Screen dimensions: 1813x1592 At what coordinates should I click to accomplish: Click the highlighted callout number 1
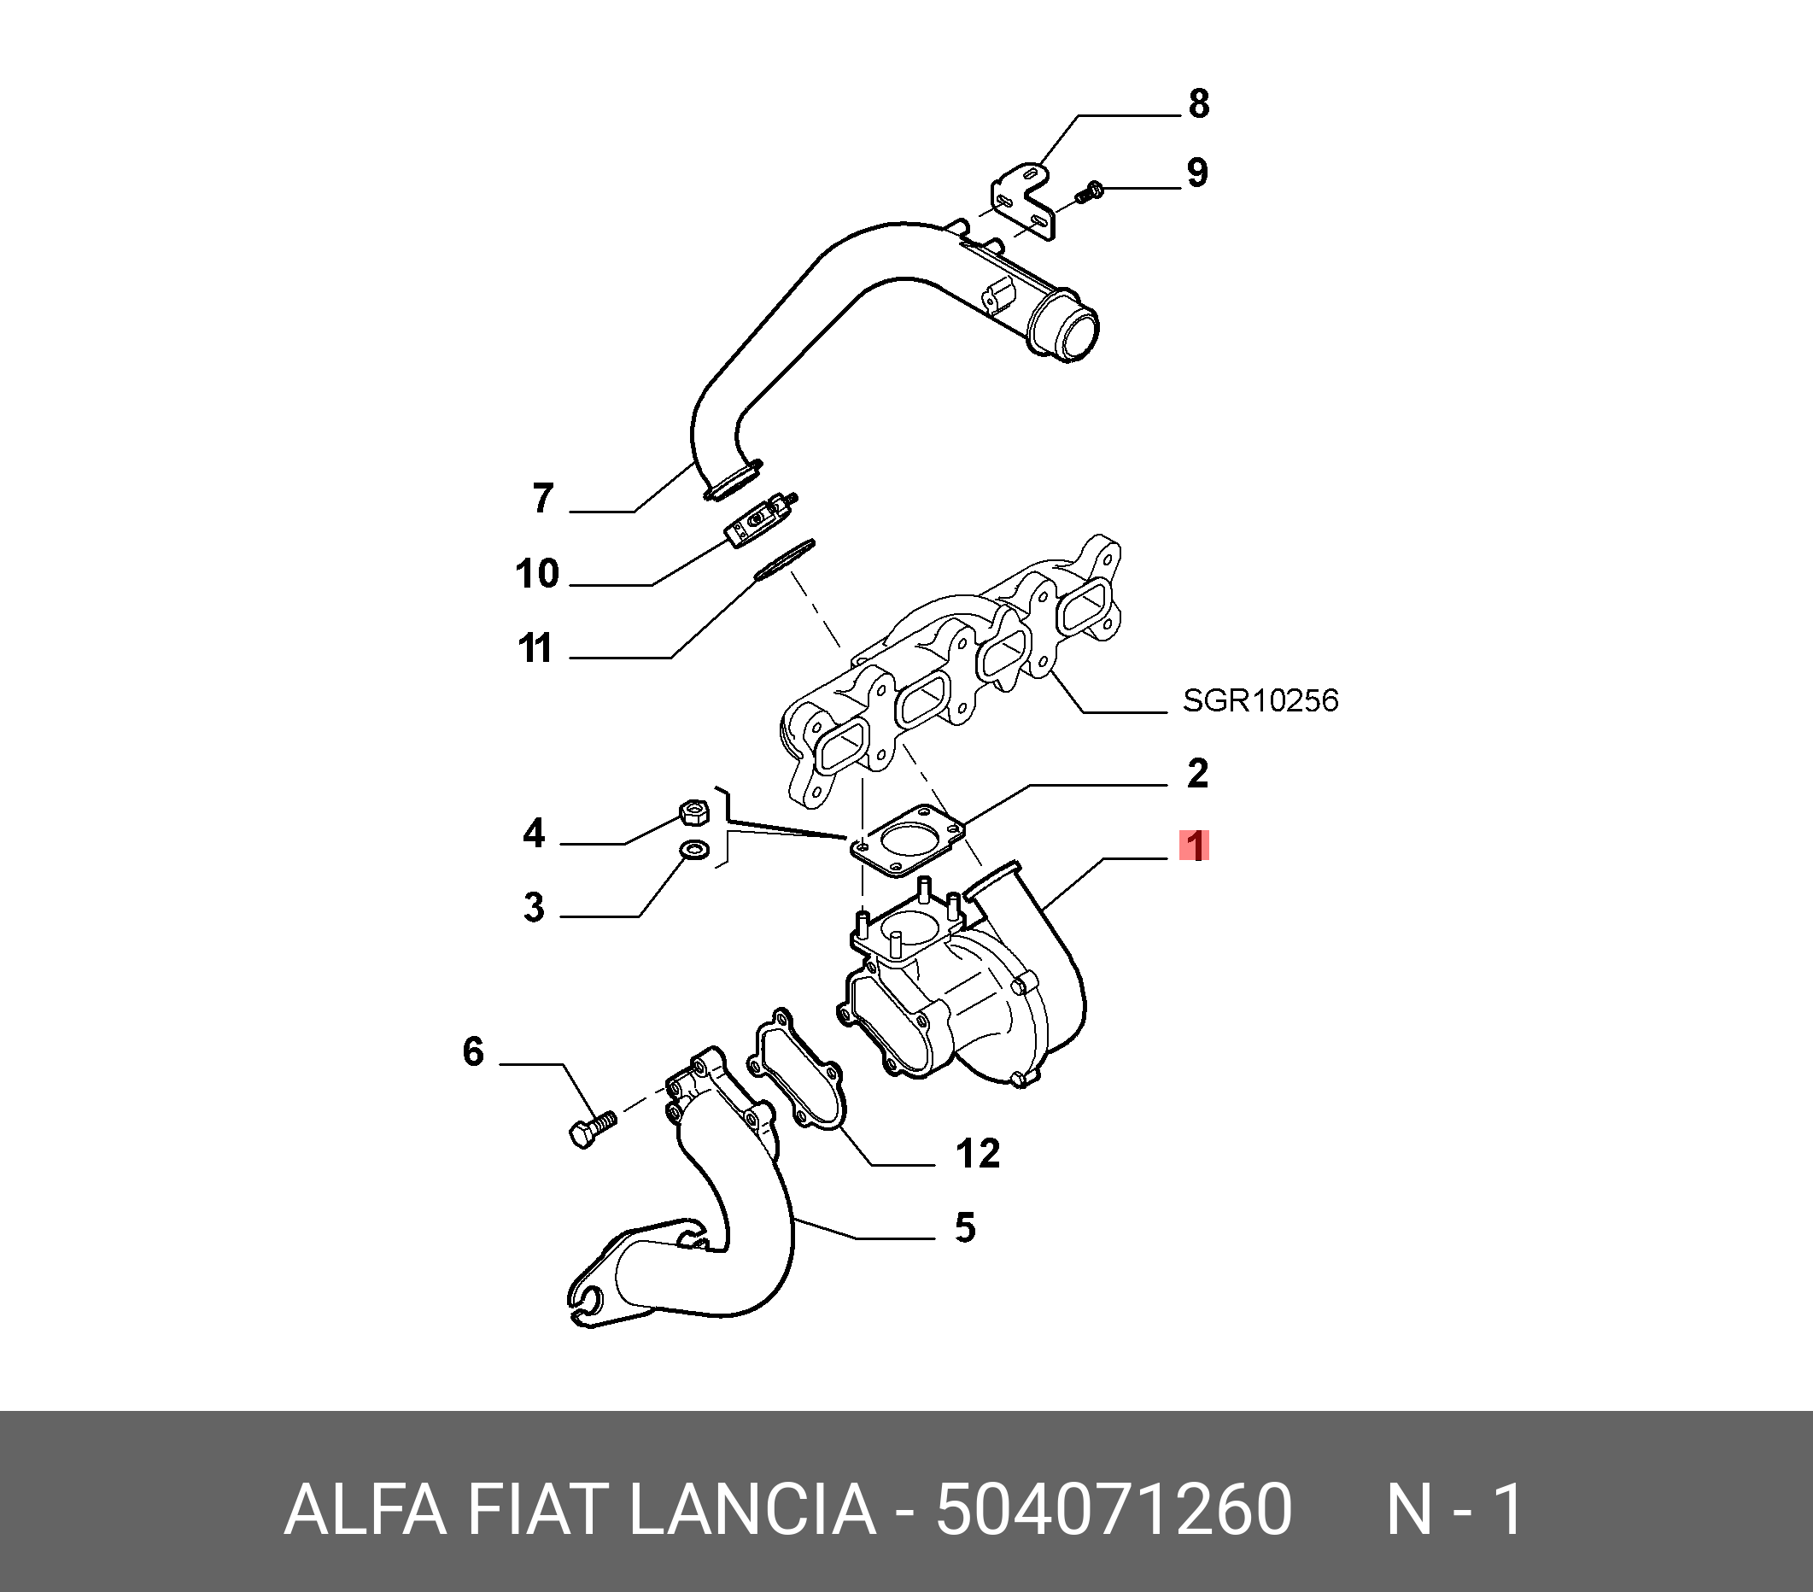1195,846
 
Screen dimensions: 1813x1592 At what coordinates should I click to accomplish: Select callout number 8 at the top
1198,103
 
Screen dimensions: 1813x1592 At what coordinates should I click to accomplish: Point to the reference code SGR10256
1260,700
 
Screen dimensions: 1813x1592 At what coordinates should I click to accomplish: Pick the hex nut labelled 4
692,811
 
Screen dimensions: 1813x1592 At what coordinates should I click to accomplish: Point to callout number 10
537,574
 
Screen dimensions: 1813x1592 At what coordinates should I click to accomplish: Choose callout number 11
535,648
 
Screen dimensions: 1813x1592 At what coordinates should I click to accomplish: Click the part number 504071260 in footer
1114,1508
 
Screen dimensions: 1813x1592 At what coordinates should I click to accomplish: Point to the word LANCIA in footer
752,1508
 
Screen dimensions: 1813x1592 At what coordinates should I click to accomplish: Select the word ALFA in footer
365,1508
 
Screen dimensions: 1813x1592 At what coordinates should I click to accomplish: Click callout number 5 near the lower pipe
965,1228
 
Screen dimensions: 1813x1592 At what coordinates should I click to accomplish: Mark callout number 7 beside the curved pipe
543,499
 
